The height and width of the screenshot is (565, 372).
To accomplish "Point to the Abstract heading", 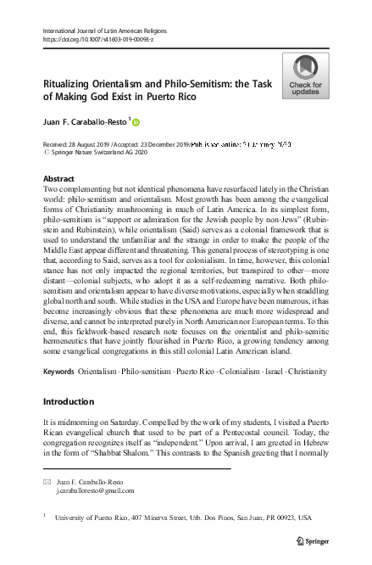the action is (x=58, y=179).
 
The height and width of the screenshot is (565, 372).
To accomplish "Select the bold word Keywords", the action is (x=58, y=372).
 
